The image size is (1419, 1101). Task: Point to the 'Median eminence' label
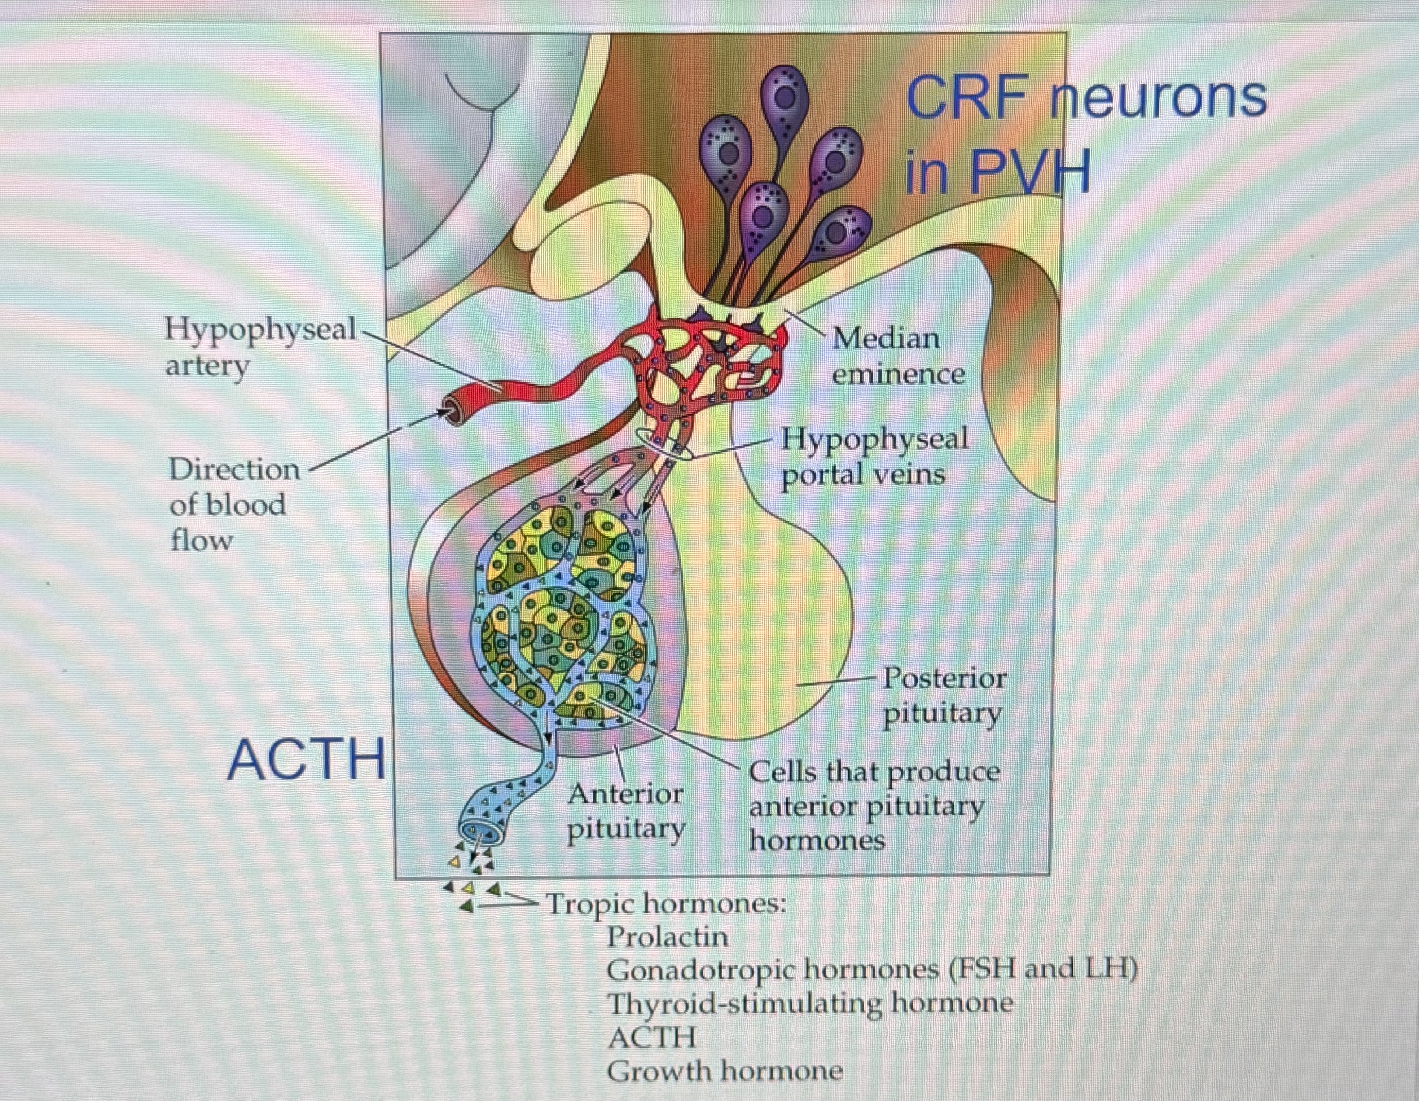pos(897,356)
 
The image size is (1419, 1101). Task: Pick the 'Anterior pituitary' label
pos(625,811)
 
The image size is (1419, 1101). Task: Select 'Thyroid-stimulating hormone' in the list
pos(809,1004)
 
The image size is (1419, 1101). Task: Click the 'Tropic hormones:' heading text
pos(665,903)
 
